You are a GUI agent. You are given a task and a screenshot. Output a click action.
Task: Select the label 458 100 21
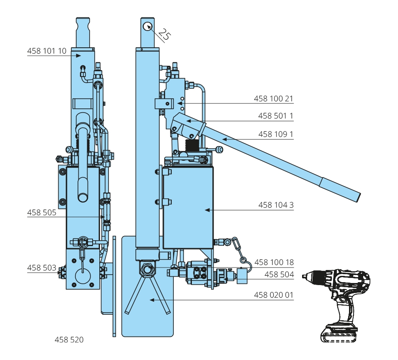(x=274, y=99)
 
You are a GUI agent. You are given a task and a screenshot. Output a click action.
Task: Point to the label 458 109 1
(x=276, y=134)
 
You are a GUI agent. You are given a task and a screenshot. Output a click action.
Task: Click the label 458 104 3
(x=276, y=205)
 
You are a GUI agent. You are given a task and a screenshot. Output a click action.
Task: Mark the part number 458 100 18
(x=274, y=262)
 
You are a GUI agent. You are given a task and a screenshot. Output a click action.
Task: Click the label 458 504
(x=279, y=275)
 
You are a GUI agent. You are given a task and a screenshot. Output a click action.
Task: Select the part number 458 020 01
(x=274, y=295)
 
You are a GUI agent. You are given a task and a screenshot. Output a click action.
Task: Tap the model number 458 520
(x=69, y=340)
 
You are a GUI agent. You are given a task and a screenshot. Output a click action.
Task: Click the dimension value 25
(x=164, y=35)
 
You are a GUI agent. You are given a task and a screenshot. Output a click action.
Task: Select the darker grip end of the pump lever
(x=340, y=190)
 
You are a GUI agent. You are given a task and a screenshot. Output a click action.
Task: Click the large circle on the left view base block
(x=83, y=275)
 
